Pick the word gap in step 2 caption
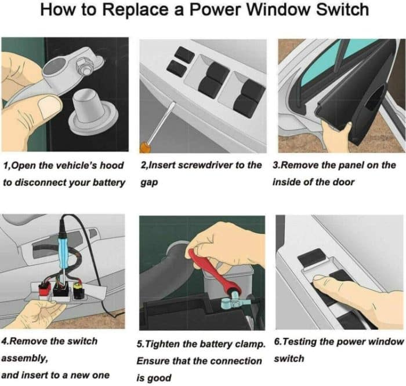149,183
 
